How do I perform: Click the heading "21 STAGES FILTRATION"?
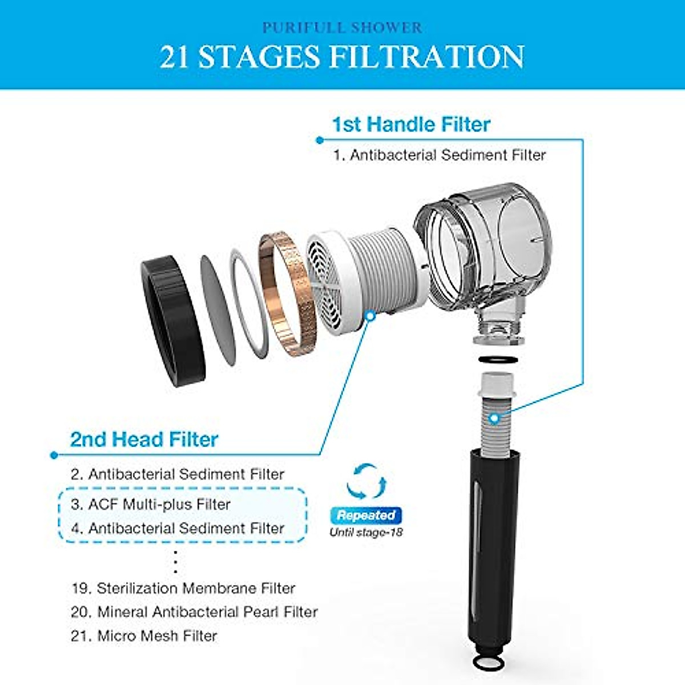(x=341, y=57)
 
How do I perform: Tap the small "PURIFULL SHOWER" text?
(x=341, y=27)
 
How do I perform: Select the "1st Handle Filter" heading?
(x=411, y=124)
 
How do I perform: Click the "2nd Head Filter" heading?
(x=144, y=440)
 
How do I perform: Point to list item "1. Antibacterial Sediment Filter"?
(x=440, y=155)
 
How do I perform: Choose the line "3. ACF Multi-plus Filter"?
(x=151, y=505)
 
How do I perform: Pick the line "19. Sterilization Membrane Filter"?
(x=183, y=588)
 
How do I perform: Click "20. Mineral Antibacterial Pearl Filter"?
(x=194, y=612)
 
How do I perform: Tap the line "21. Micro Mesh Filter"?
(x=144, y=636)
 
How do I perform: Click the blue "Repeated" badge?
(x=366, y=515)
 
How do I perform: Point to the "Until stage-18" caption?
(x=366, y=533)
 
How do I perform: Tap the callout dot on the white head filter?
(x=370, y=315)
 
